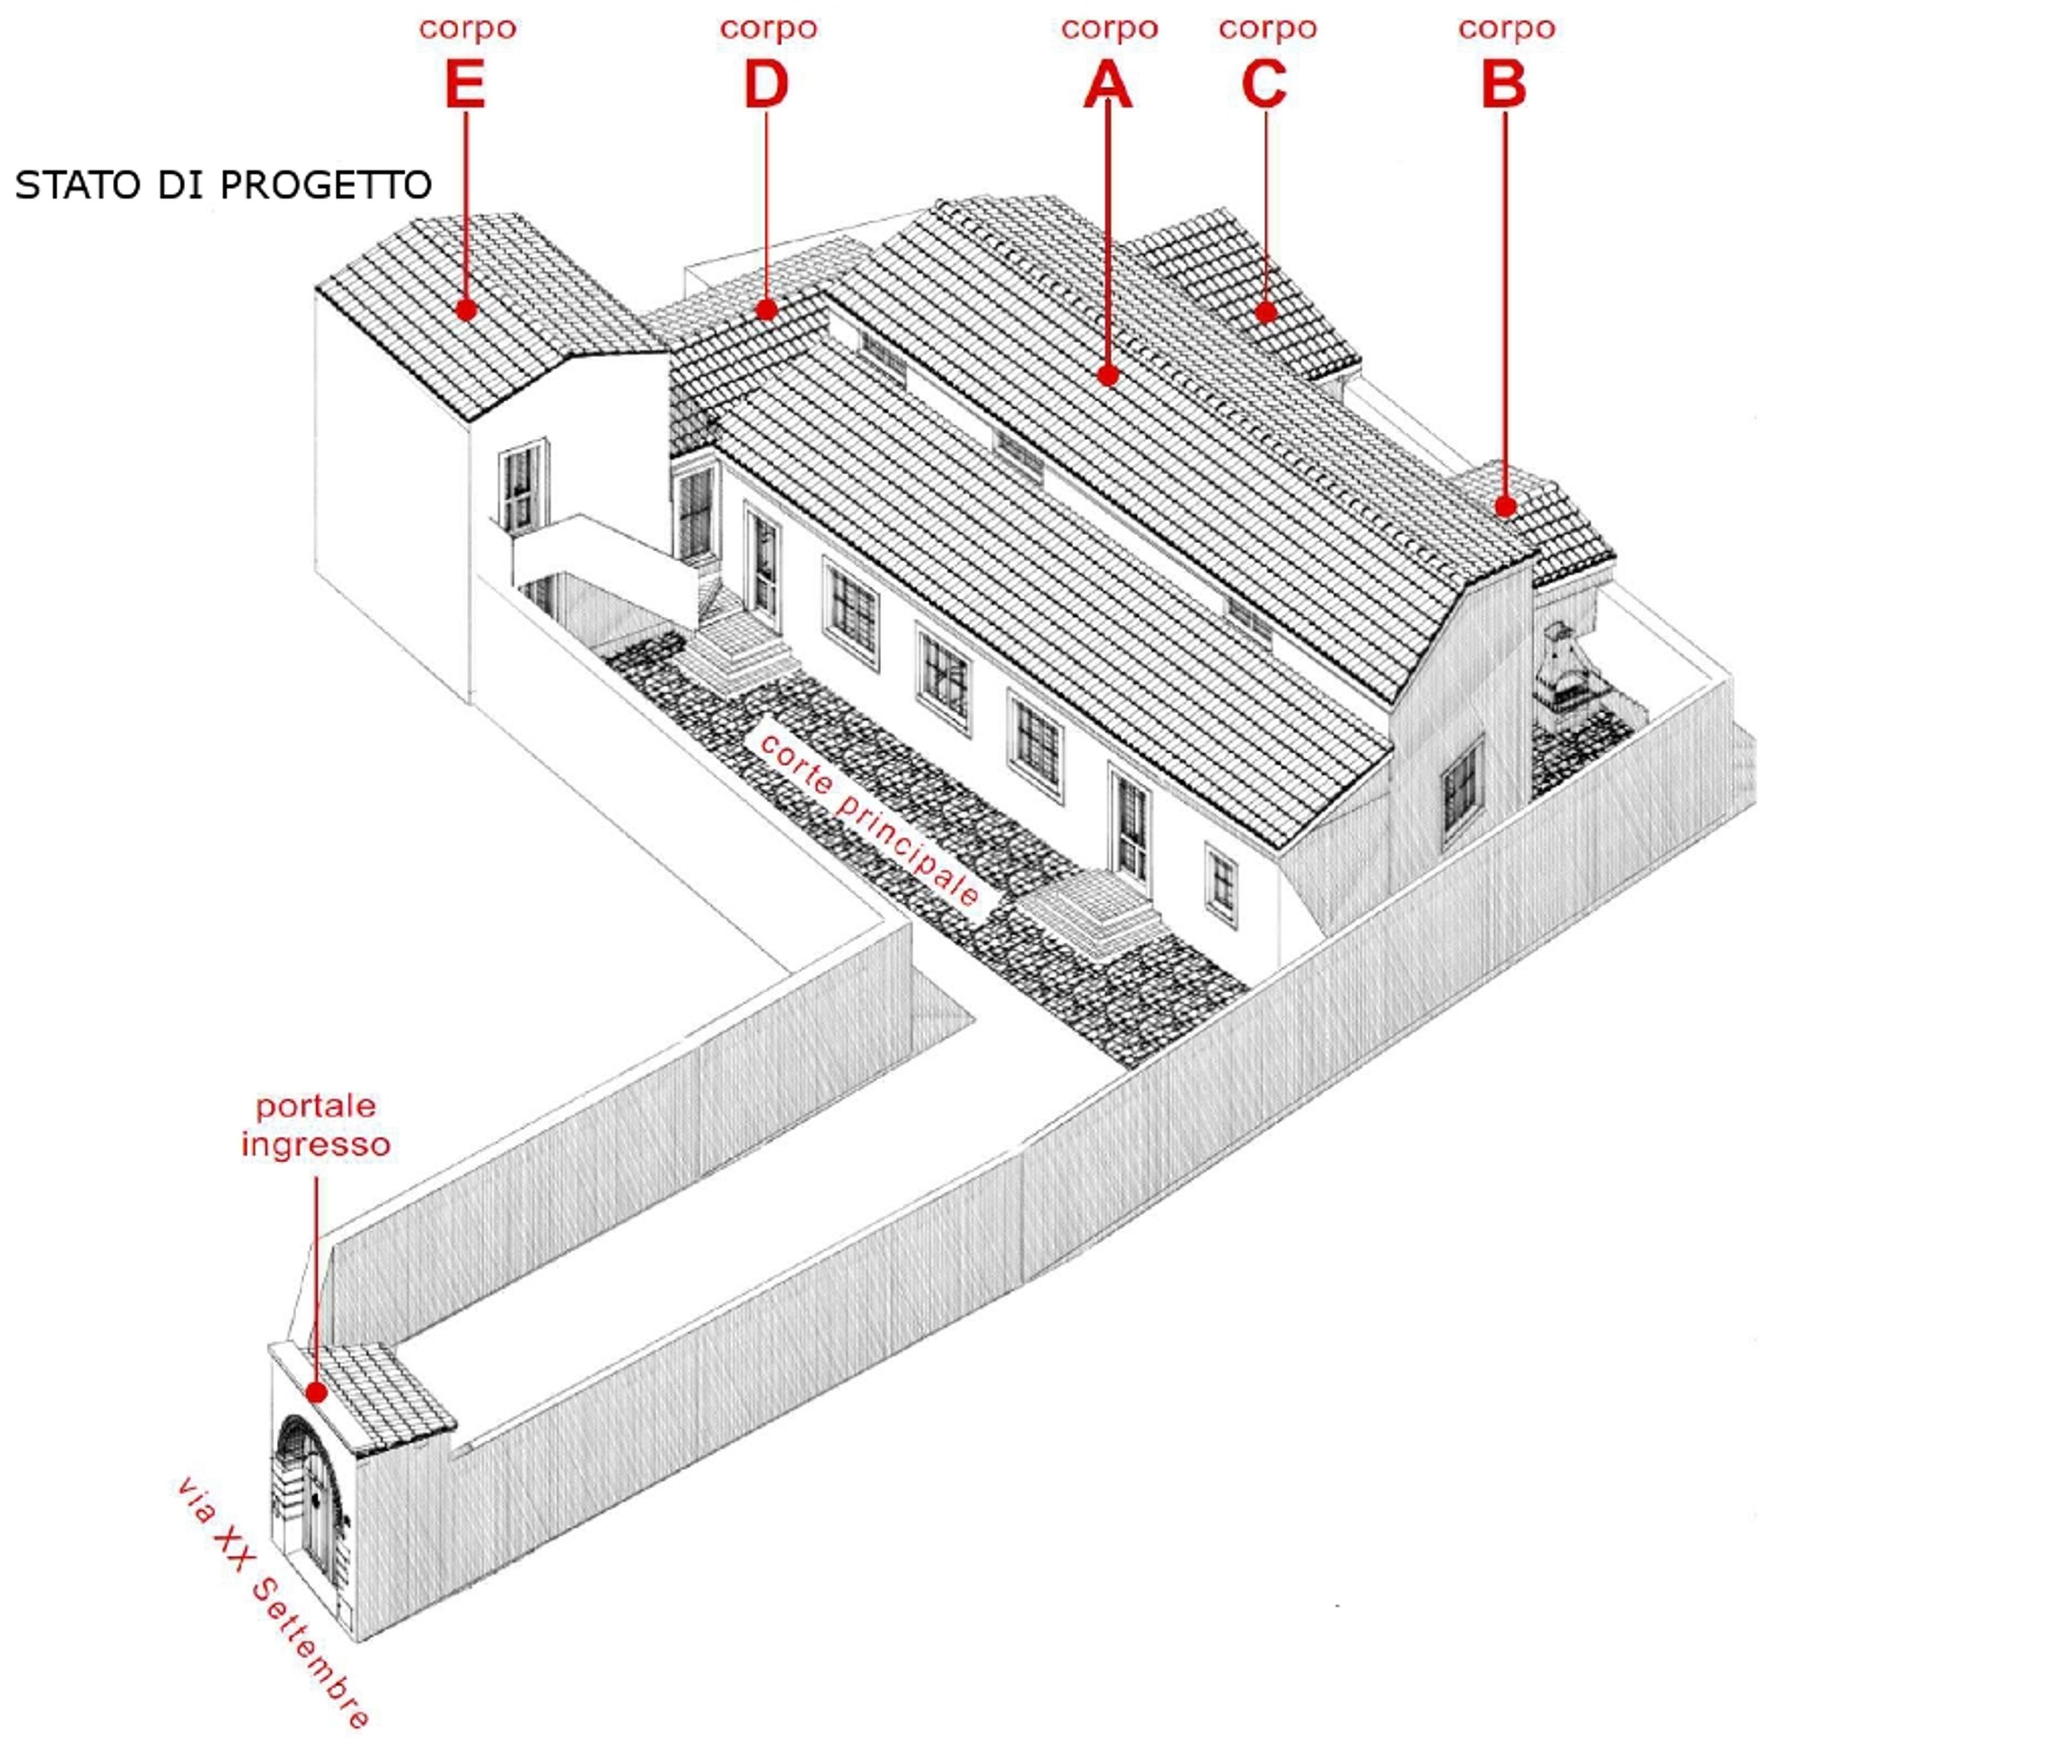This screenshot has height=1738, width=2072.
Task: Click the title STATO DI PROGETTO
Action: (223, 186)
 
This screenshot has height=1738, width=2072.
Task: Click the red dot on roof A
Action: (1108, 375)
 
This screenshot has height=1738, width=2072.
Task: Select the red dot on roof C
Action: (1266, 313)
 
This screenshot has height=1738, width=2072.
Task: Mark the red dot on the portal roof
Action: (316, 1393)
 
